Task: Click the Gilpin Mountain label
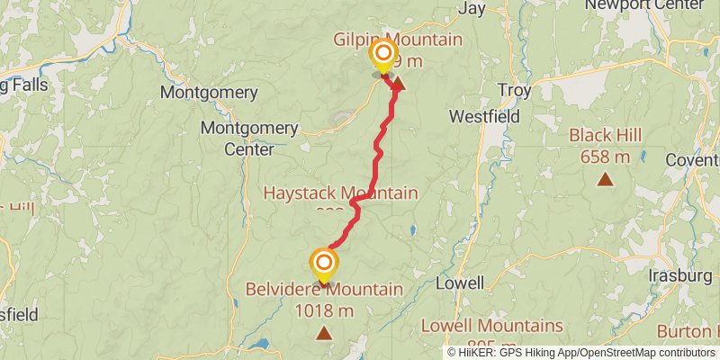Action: [x=397, y=40]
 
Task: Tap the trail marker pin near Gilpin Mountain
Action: [x=383, y=55]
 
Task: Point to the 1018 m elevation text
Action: [x=324, y=311]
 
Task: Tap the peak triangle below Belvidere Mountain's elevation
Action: [x=324, y=334]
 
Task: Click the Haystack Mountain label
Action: [x=340, y=193]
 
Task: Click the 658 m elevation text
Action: [x=606, y=157]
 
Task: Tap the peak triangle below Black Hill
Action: [x=606, y=179]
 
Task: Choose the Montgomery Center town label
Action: [x=249, y=138]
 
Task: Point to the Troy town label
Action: [x=514, y=91]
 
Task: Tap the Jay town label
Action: [x=472, y=8]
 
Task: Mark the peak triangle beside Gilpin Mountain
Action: [x=397, y=85]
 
